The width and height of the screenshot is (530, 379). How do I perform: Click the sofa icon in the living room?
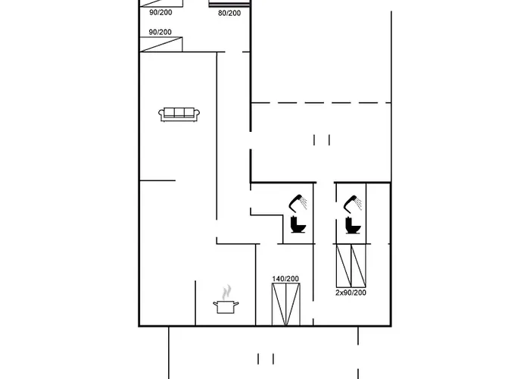pyautogui.click(x=179, y=114)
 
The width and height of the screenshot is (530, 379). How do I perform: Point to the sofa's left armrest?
pyautogui.click(x=162, y=114)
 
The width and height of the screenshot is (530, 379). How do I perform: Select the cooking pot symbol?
pyautogui.click(x=226, y=305)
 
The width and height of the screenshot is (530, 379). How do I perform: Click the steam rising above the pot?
pyautogui.click(x=226, y=292)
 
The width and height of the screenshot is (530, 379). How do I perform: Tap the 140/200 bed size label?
pyautogui.click(x=285, y=279)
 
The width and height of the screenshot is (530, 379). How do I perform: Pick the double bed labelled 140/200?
pyautogui.click(x=285, y=304)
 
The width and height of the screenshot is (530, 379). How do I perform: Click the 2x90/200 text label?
pyautogui.click(x=351, y=292)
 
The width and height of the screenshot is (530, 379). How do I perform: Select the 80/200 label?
pyautogui.click(x=229, y=13)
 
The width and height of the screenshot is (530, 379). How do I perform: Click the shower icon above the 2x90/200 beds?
pyautogui.click(x=353, y=203)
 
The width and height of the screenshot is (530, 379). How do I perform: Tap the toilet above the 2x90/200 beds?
pyautogui.click(x=351, y=225)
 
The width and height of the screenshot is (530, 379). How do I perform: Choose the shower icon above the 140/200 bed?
pyautogui.click(x=299, y=202)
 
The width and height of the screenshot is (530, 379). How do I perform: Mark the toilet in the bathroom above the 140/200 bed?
pyautogui.click(x=298, y=225)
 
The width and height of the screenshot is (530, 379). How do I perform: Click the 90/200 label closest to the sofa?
pyautogui.click(x=160, y=32)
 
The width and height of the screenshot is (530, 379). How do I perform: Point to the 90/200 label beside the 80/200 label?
pyautogui.click(x=160, y=13)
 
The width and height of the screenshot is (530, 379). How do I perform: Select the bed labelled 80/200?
pyautogui.click(x=229, y=4)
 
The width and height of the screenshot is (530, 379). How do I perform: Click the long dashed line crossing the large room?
pyautogui.click(x=321, y=102)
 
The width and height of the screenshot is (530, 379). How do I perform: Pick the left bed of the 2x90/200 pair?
pyautogui.click(x=343, y=265)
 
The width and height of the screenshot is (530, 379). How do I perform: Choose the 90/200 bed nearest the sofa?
pyautogui.click(x=161, y=45)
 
